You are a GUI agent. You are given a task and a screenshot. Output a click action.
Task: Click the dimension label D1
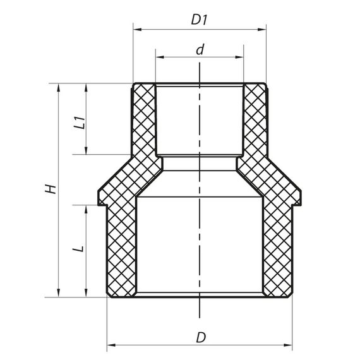point(200,20)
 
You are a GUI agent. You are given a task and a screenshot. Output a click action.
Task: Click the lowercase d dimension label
point(200,49)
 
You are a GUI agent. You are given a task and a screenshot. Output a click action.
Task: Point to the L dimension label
point(78,249)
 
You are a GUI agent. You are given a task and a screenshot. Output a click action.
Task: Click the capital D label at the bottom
point(201,337)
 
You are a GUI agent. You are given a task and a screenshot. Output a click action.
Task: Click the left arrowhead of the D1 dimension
point(136,29)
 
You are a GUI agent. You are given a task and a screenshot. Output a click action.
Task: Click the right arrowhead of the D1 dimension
point(263,29)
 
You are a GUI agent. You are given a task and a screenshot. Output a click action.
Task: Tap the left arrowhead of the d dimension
point(159,57)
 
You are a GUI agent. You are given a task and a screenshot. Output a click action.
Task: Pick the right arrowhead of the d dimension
point(241,57)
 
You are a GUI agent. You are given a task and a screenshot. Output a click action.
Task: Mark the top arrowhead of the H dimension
point(59,87)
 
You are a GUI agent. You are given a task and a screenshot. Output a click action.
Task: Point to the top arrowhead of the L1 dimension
point(87,87)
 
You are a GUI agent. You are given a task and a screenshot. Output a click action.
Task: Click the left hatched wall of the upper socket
point(144,120)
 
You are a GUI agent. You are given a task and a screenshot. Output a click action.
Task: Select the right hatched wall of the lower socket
point(277,253)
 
